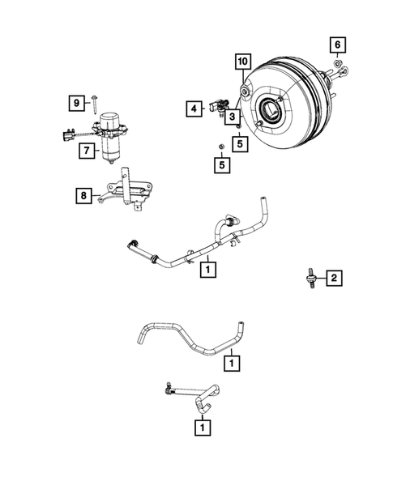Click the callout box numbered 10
pos(241,62)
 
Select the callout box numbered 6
pos(338,44)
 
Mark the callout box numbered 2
pos(332,279)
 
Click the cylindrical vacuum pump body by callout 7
pos(110,146)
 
